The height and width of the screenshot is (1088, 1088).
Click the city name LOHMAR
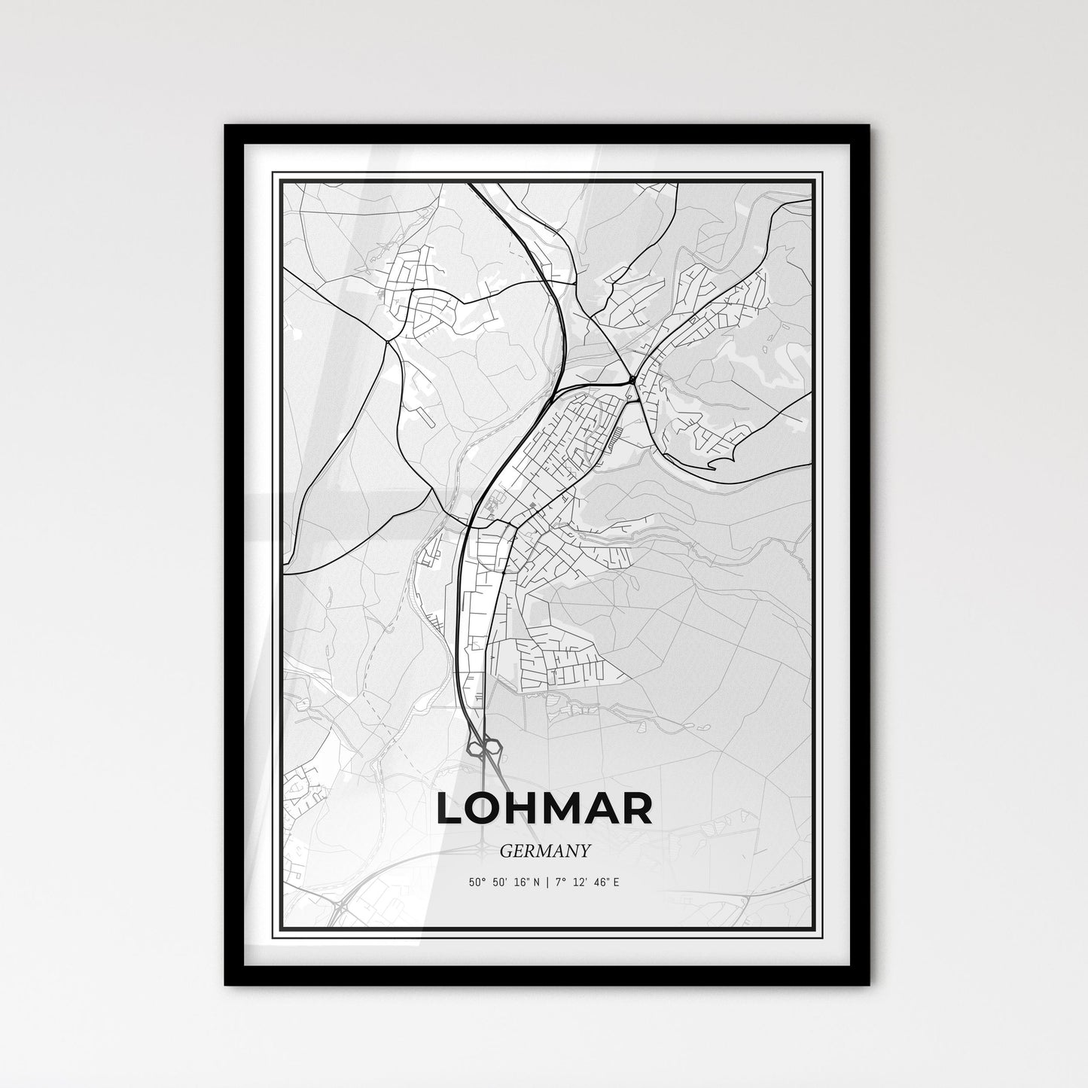coord(544,809)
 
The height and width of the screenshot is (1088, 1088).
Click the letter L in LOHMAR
coord(450,809)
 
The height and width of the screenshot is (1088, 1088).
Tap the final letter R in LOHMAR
coord(638,809)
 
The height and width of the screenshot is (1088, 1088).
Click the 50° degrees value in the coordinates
coord(476,882)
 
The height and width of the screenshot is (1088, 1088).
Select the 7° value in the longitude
coord(560,882)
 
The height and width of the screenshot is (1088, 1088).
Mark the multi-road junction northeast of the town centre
coord(632,377)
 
